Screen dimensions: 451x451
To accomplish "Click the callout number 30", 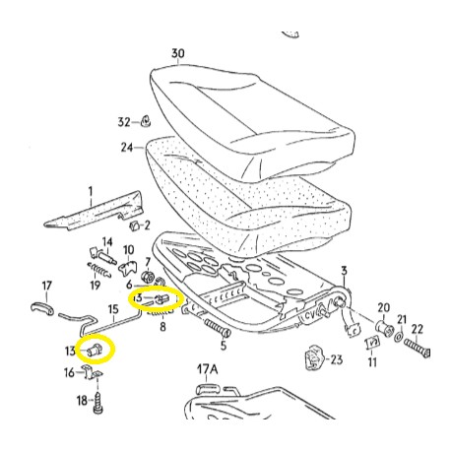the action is [x=178, y=53].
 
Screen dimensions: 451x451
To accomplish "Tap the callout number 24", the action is [x=127, y=148].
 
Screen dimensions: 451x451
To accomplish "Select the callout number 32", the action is [x=124, y=122].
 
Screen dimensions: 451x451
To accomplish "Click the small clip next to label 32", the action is [x=146, y=121].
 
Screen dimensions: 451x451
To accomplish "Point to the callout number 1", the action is [x=91, y=192].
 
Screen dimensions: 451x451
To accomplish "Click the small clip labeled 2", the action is [x=134, y=225].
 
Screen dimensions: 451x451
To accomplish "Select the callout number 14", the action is [x=107, y=242].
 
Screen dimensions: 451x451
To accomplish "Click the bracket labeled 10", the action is [x=127, y=268].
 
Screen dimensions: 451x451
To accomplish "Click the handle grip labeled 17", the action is [x=42, y=309].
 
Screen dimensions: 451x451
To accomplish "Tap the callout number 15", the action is [x=113, y=309].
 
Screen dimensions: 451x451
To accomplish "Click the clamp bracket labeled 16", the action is [x=93, y=372].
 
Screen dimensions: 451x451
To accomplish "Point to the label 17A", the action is [x=208, y=370].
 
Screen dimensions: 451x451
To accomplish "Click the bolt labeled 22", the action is [x=417, y=349].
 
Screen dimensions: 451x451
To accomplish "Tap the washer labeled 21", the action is [x=399, y=336].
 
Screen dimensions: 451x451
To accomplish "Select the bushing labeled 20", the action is [x=384, y=327].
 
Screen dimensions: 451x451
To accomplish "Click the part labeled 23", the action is [x=314, y=357].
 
